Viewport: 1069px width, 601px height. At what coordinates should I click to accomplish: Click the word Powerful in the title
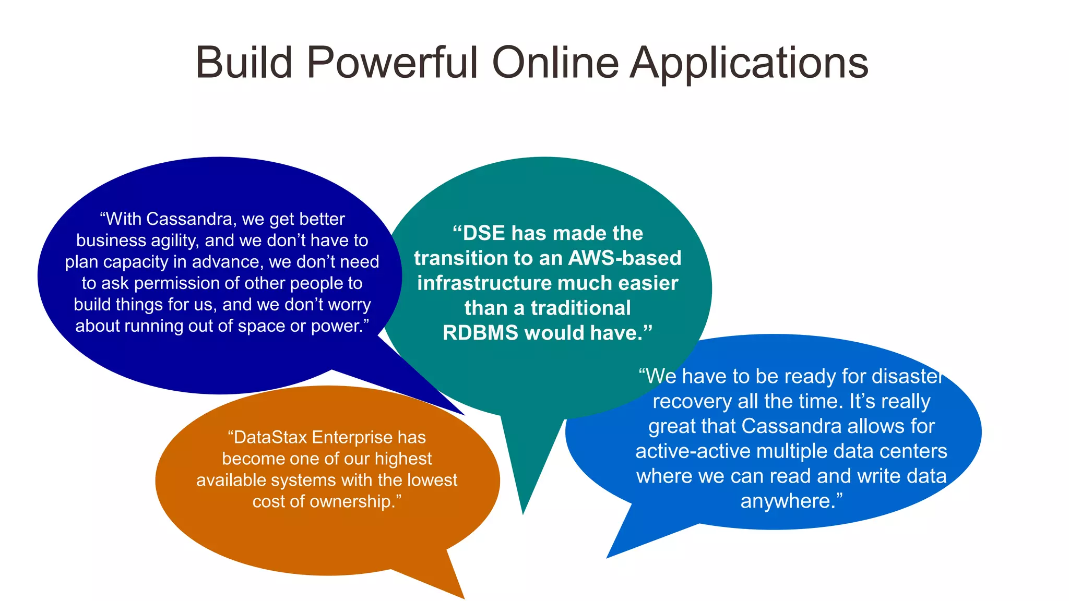pos(391,63)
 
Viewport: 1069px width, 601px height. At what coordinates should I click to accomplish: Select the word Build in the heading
pos(244,63)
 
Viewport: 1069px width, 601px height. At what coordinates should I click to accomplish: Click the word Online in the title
pos(555,63)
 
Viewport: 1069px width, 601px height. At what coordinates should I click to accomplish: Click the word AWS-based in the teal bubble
pos(624,258)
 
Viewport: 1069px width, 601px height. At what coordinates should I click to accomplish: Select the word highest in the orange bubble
pos(403,459)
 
